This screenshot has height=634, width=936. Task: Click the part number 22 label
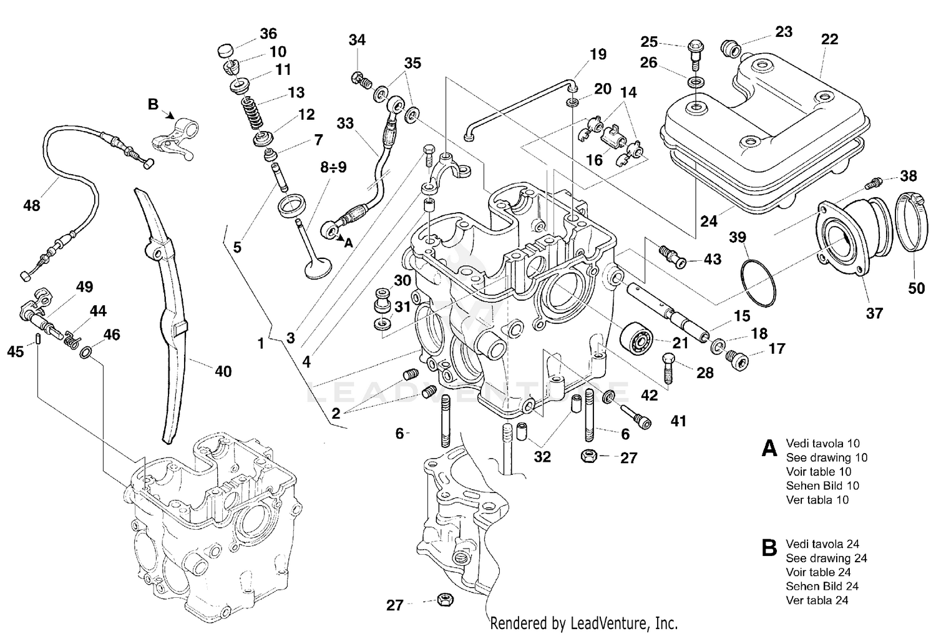coord(829,39)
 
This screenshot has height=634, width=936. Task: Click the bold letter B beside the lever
coord(153,104)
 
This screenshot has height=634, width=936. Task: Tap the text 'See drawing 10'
coord(826,457)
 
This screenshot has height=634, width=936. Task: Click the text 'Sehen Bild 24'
coord(822,586)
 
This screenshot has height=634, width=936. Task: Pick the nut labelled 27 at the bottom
coord(444,600)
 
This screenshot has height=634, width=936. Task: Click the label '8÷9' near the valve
coord(333,167)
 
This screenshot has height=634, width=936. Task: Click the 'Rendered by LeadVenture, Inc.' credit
coord(583,622)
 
